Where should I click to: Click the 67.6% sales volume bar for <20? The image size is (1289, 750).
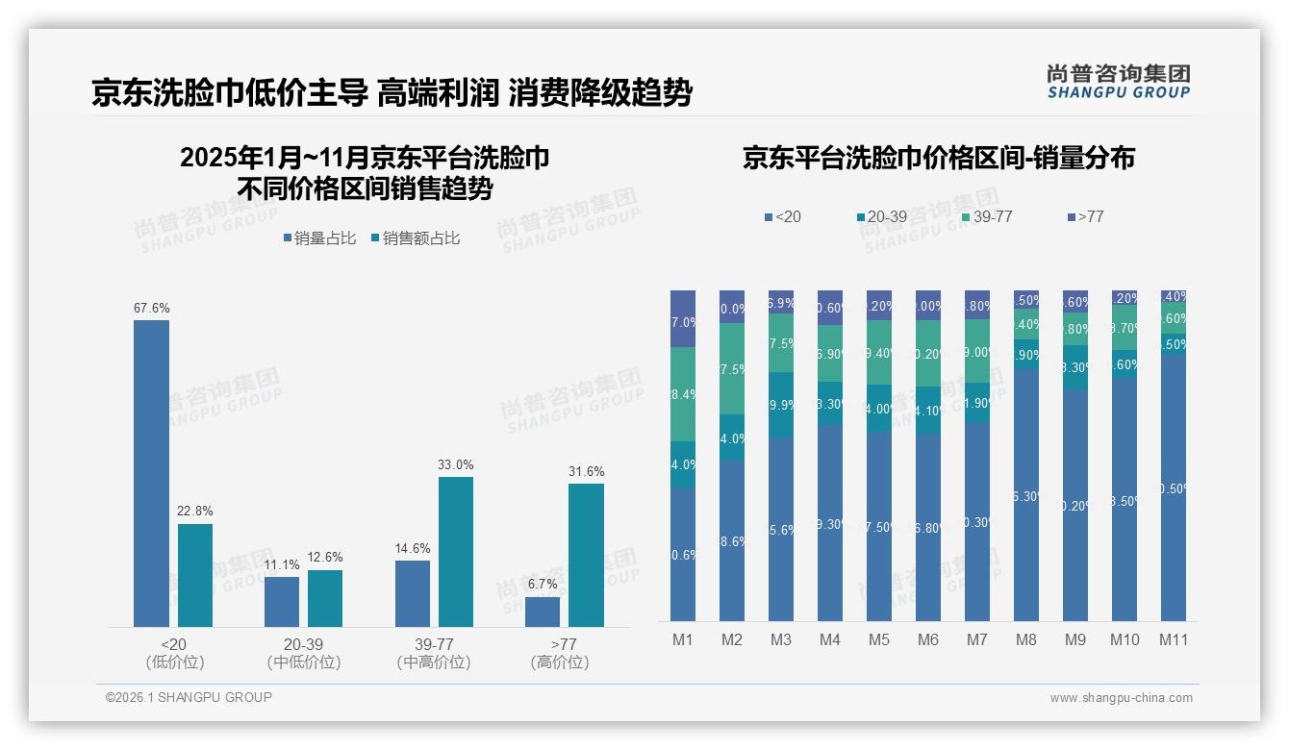[x=151, y=473]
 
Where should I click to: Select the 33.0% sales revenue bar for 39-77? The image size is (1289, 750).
[x=456, y=552]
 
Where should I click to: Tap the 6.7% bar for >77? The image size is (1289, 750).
[x=543, y=612]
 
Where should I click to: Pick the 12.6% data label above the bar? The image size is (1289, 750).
[x=325, y=558]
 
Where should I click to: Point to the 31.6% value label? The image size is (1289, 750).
[x=586, y=471]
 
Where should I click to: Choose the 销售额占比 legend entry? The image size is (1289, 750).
[x=415, y=238]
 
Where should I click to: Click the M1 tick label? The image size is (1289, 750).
[x=682, y=639]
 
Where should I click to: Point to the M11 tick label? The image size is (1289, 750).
[x=1174, y=639]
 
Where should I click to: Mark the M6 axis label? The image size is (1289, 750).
[x=927, y=639]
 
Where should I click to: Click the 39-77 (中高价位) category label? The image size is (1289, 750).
[x=433, y=652]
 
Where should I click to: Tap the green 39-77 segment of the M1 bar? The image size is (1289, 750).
[x=683, y=394]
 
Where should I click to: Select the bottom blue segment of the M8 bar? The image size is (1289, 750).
[x=1026, y=495]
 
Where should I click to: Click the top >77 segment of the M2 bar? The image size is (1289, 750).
[x=732, y=307]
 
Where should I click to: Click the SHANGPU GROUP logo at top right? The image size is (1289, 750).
[x=1118, y=81]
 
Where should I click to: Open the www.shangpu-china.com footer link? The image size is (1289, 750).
[x=1121, y=698]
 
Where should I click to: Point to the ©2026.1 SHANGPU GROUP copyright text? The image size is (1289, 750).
[x=189, y=697]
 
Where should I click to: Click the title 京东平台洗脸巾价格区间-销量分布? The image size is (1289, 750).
[x=938, y=158]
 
